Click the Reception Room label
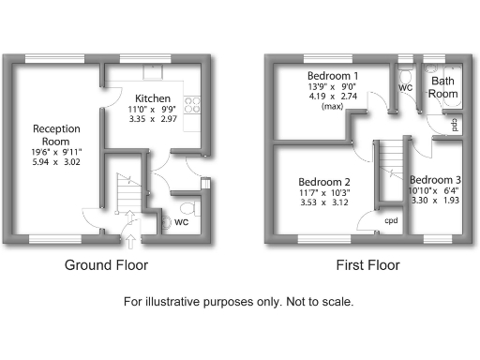coord(56,135)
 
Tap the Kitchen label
coord(151,97)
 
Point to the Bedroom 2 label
coord(323,182)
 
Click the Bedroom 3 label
coord(435,179)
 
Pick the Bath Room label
coord(443,87)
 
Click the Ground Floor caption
coord(106,265)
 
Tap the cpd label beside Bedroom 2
coord(390,221)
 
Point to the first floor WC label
coord(406,87)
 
